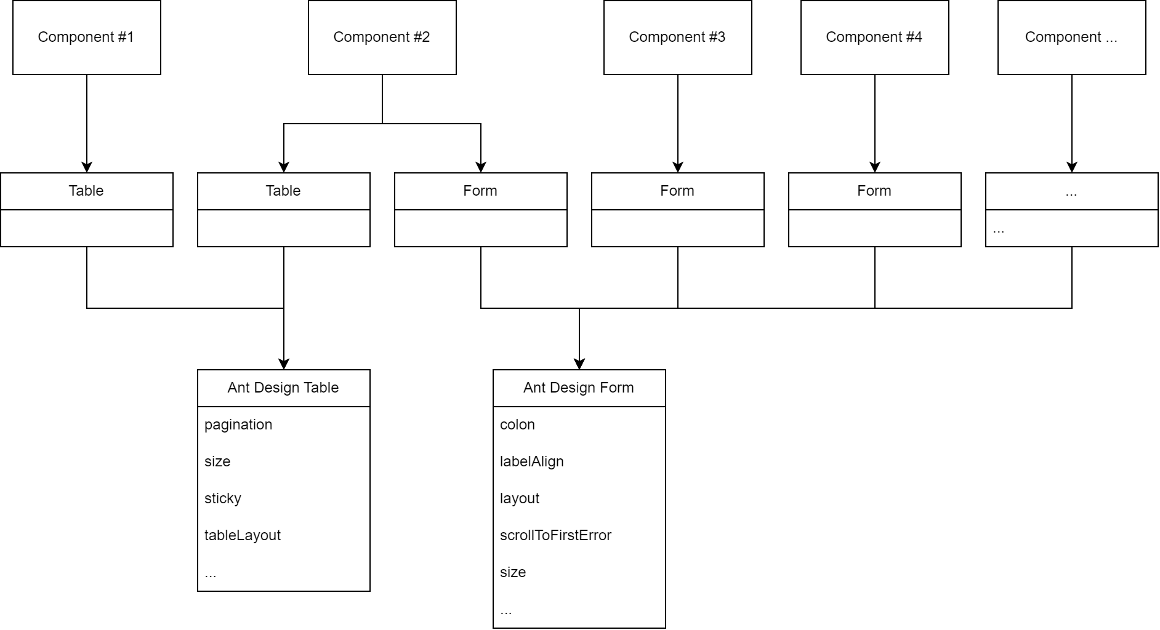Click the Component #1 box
[x=86, y=38]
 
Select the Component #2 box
[x=382, y=38]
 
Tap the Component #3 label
[x=677, y=37]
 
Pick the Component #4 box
[x=874, y=38]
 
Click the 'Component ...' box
[x=1071, y=38]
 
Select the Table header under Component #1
[x=86, y=191]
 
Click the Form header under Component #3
[x=677, y=191]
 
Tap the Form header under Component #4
[x=874, y=191]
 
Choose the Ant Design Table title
[x=283, y=388]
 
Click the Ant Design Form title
[x=579, y=388]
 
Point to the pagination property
[x=238, y=425]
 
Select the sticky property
[x=223, y=498]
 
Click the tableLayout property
[x=243, y=535]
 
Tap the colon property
[x=517, y=425]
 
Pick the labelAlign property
[x=532, y=461]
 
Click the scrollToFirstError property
[x=555, y=535]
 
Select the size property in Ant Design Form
[x=513, y=572]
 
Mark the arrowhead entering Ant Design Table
[x=284, y=364]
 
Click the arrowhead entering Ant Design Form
[x=579, y=364]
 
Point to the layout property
[x=520, y=498]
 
